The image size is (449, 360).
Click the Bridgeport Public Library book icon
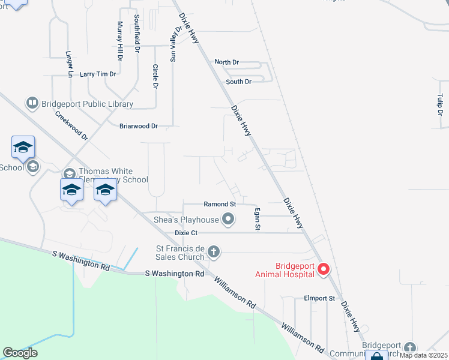[32, 103]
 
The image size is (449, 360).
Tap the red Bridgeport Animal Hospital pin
[324, 269]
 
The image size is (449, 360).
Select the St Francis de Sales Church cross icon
[214, 252]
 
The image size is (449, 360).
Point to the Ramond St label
[220, 205]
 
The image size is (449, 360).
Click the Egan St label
[257, 218]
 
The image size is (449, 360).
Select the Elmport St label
[319, 298]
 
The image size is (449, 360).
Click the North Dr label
[227, 62]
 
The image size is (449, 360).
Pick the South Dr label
[238, 82]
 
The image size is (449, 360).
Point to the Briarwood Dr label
[138, 126]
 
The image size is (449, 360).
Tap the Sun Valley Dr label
[176, 44]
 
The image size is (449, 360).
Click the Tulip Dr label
[440, 105]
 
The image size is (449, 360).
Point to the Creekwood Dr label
[71, 125]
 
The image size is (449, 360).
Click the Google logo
[20, 352]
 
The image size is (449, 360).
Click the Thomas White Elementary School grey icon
[69, 173]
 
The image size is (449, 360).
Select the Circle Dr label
[155, 77]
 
